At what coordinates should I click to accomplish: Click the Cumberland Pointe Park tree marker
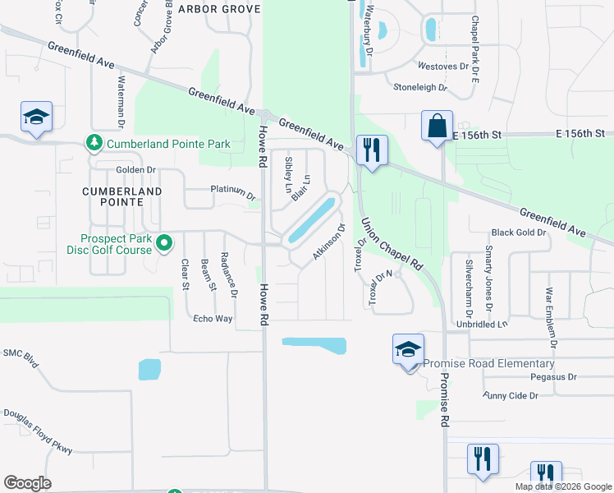coord(94,144)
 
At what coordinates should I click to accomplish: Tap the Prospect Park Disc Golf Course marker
coord(164,242)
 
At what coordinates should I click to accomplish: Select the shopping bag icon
coord(437,127)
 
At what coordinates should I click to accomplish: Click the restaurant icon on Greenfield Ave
coord(372,151)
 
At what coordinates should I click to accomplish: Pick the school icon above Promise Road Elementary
coord(408,350)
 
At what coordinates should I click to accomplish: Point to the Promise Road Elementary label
coord(485,364)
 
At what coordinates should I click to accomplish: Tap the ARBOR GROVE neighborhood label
coord(218,9)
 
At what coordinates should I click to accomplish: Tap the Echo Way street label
coord(213,319)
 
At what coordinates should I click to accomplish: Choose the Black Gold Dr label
coord(518,233)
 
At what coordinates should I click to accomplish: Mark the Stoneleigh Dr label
coord(419,87)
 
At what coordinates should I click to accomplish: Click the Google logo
coord(27,483)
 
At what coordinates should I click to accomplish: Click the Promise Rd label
coord(444,400)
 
